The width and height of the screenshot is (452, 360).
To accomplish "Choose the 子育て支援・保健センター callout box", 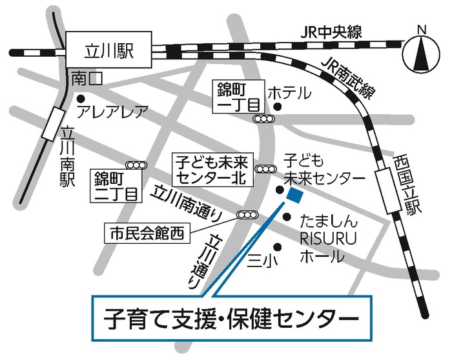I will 232,317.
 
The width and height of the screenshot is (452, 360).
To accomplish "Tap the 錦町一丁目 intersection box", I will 239,97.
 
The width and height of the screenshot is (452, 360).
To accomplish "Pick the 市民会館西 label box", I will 148,232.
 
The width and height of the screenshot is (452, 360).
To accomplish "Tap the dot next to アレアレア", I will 81,99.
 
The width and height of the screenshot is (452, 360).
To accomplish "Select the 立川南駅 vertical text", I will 65,155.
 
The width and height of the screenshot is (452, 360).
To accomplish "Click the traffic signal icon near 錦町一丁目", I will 262,119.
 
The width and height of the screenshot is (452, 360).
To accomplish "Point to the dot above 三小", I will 278,245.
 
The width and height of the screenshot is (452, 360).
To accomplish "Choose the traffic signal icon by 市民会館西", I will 247,215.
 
